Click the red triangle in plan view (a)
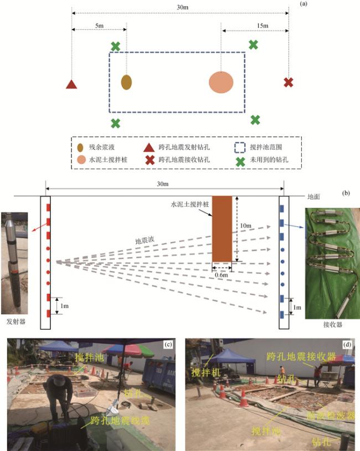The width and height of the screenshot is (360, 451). point(71,85)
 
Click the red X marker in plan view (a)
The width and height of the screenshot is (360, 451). point(288,83)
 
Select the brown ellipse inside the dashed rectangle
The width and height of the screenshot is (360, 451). point(127,83)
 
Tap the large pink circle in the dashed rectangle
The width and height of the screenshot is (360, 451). point(221,83)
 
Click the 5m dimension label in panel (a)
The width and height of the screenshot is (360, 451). point(99,25)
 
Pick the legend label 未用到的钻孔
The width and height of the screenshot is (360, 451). point(269,160)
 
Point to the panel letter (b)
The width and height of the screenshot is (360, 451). point(346,193)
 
